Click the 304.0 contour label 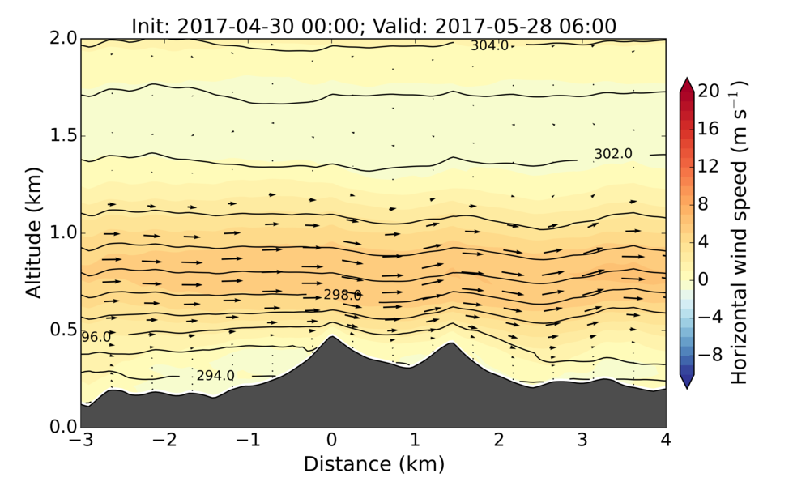[x=489, y=46]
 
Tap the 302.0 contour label [x=613, y=154]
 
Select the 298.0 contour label [x=343, y=296]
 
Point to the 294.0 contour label [x=215, y=376]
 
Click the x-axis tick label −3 [x=80, y=441]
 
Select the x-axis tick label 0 [x=331, y=441]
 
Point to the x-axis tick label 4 [x=666, y=441]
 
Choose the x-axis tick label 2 [x=498, y=441]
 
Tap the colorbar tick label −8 [x=710, y=354]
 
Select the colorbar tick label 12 [x=710, y=166]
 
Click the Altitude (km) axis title [x=33, y=232]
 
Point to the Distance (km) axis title [x=373, y=464]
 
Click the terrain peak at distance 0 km [x=331, y=337]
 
